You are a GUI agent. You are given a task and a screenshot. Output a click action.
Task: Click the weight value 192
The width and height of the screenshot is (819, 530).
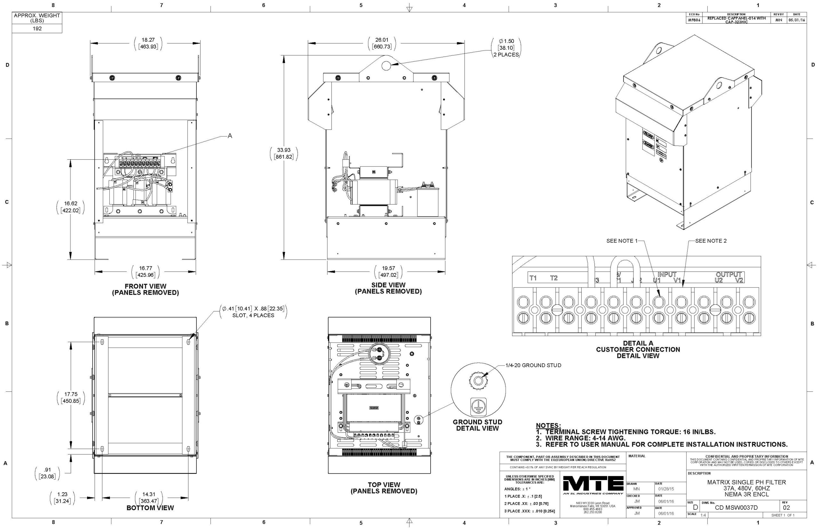tap(37, 28)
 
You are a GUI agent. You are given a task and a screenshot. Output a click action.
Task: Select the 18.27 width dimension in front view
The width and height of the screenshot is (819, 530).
tap(148, 40)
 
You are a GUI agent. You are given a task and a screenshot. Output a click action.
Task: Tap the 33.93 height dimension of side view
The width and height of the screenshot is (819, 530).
tap(284, 150)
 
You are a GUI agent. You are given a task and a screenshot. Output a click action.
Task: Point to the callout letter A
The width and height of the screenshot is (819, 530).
tap(230, 136)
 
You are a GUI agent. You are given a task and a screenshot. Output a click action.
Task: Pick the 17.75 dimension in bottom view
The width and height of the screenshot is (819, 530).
tap(71, 394)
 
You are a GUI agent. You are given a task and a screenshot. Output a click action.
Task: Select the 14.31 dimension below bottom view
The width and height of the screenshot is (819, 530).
tap(148, 494)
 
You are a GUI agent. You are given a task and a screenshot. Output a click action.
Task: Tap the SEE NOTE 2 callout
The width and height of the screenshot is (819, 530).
tap(711, 241)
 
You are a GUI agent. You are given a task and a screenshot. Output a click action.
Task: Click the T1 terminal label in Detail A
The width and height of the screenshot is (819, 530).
tap(533, 278)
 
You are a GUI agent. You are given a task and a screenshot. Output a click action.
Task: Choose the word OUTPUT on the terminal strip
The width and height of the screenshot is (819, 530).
tap(728, 275)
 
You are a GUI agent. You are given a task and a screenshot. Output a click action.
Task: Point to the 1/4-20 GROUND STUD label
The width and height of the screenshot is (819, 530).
tap(533, 365)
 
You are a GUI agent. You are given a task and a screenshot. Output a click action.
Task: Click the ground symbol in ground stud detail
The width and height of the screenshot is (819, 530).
tap(478, 406)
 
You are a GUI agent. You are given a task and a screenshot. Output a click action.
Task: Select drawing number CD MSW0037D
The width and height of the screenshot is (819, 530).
tap(736, 508)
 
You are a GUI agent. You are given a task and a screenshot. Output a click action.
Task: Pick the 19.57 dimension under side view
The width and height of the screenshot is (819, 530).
tap(388, 269)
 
